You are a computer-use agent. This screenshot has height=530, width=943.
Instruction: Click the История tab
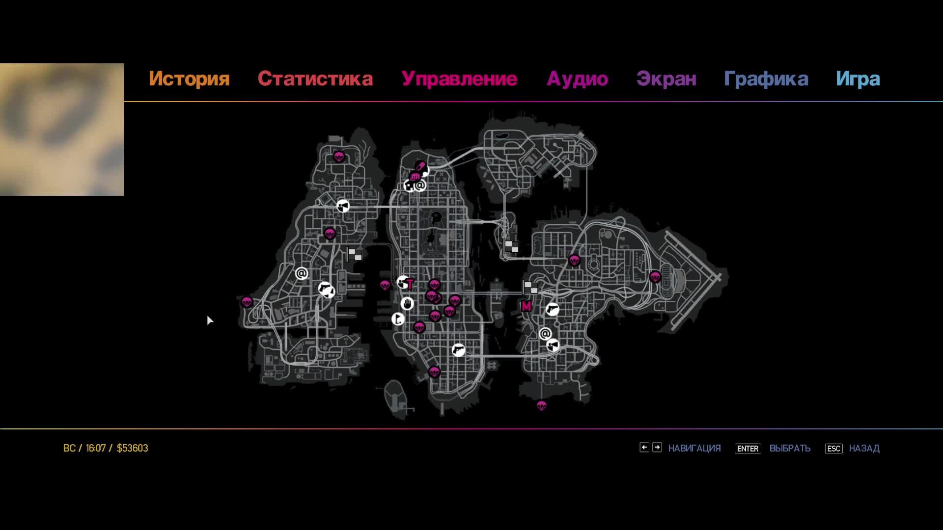pos(189,79)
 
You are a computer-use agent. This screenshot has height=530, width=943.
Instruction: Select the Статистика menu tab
pos(315,79)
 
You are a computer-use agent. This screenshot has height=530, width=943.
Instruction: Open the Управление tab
pos(459,79)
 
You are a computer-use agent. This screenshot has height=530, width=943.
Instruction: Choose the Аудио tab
pos(577,79)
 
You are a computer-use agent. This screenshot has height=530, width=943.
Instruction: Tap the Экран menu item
pos(666,79)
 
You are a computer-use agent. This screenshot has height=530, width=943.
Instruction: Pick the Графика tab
pos(766,79)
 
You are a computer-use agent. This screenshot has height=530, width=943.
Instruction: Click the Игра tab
pos(858,79)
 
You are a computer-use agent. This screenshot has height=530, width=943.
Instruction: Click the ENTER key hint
pos(748,449)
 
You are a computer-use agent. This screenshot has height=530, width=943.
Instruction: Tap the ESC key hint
pos(833,449)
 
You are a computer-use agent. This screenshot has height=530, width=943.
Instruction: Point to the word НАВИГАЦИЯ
pos(694,449)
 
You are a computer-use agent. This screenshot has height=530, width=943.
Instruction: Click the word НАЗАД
pos(864,449)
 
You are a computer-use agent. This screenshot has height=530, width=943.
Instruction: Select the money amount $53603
pos(132,448)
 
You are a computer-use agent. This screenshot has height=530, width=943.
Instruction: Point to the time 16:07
pos(96,448)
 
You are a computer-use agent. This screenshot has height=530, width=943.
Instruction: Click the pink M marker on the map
pos(526,306)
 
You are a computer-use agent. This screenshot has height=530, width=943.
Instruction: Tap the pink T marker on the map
pos(410,285)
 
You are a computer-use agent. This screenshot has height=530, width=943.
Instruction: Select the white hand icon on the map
pos(407,304)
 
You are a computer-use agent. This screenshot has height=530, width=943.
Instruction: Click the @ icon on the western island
pos(302,273)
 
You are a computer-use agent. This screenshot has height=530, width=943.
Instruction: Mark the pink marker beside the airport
pos(655,277)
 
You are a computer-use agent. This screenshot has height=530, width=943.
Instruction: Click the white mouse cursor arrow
pos(210,320)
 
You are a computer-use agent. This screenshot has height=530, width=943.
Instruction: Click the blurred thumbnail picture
pos(62,130)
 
